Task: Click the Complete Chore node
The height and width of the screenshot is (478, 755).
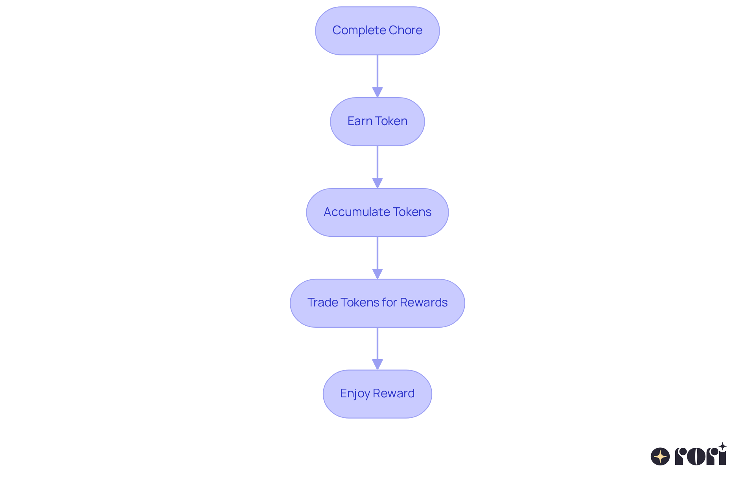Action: [x=377, y=31]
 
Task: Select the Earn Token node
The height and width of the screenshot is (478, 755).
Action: [x=377, y=122]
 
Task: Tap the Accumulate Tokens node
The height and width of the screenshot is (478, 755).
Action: [x=377, y=212]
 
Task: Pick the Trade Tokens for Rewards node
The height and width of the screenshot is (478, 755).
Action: [x=377, y=303]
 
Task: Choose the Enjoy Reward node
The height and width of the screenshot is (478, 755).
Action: [x=377, y=394]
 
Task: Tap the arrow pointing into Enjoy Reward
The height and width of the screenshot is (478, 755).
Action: [x=377, y=348]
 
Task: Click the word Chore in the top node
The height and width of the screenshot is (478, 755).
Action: [x=405, y=30]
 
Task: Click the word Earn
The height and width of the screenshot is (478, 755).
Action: [x=360, y=121]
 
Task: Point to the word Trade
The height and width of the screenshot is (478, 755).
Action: [x=322, y=303]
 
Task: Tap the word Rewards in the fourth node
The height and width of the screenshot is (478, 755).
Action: [x=424, y=303]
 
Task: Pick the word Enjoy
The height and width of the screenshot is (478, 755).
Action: [x=355, y=393]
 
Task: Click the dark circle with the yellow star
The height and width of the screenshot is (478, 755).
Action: [x=660, y=456]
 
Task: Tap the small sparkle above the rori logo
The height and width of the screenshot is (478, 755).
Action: [x=722, y=447]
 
